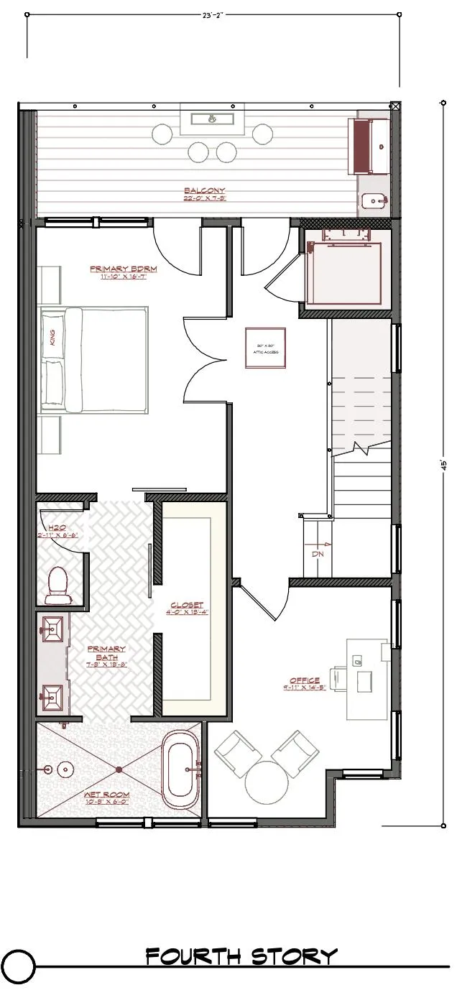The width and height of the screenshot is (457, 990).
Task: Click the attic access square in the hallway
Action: tap(266, 348)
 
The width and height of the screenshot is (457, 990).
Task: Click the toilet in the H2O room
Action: tap(57, 584)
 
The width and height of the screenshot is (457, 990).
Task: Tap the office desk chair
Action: tap(340, 678)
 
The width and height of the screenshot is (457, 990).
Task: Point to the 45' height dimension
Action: tap(444, 463)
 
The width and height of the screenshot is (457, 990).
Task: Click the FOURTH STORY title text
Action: tap(241, 956)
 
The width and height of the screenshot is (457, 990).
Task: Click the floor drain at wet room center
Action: tap(119, 769)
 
